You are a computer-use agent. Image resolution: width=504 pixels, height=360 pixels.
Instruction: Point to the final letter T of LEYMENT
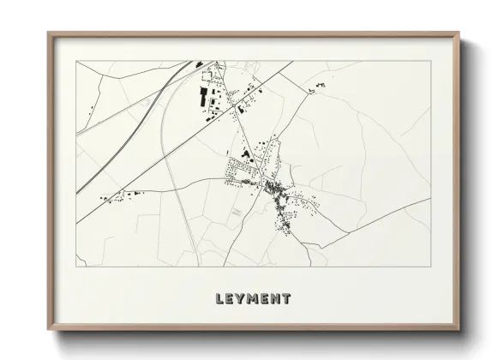286,299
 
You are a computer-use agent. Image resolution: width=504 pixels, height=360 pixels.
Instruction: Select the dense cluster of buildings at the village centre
272,187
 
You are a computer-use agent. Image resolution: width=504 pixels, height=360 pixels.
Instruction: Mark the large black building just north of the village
247,154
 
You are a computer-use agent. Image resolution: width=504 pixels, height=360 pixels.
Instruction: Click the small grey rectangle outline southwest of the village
235,210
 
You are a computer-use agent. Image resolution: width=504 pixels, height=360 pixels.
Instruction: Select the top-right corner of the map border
430,61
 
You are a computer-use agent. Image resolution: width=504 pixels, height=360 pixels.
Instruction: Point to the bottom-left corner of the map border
77,267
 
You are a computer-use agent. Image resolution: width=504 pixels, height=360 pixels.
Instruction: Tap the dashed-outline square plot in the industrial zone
215,102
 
